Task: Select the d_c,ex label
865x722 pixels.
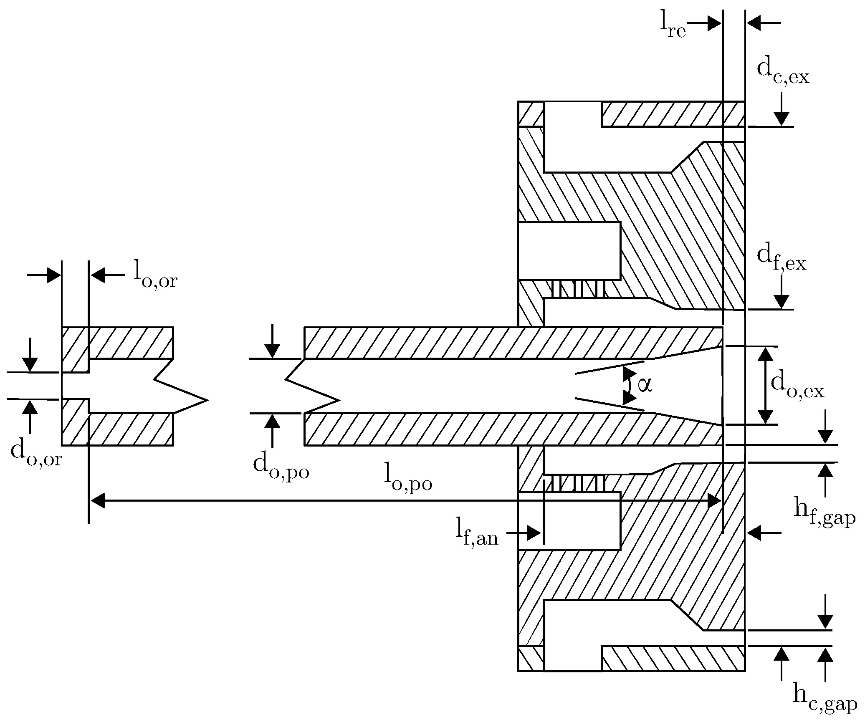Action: (x=783, y=73)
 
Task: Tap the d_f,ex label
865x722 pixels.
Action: (x=781, y=260)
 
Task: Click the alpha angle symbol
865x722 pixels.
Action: (x=644, y=384)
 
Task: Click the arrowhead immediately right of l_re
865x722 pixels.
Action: (x=713, y=24)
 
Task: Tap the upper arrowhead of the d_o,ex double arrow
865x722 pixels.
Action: (x=765, y=354)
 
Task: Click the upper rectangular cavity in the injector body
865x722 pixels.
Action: (x=569, y=251)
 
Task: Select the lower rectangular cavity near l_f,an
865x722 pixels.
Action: (x=569, y=521)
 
